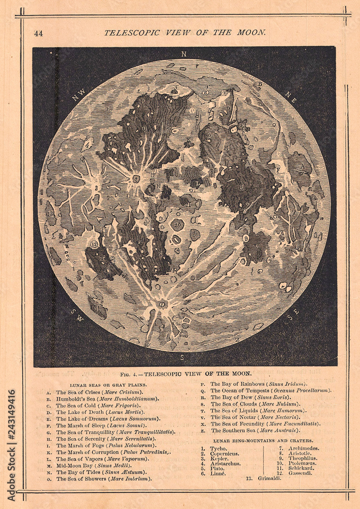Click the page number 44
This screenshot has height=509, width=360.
(38, 34)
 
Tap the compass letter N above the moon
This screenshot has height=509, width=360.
(184, 54)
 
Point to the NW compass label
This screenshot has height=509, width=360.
(79, 95)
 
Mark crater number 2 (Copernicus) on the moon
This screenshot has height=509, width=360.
(136, 179)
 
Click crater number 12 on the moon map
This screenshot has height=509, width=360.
(94, 244)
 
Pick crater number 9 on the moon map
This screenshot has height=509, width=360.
(246, 238)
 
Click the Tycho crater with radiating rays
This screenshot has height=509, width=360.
(162, 304)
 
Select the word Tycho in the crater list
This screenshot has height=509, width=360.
(218, 448)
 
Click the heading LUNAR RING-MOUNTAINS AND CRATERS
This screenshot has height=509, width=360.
(263, 440)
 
